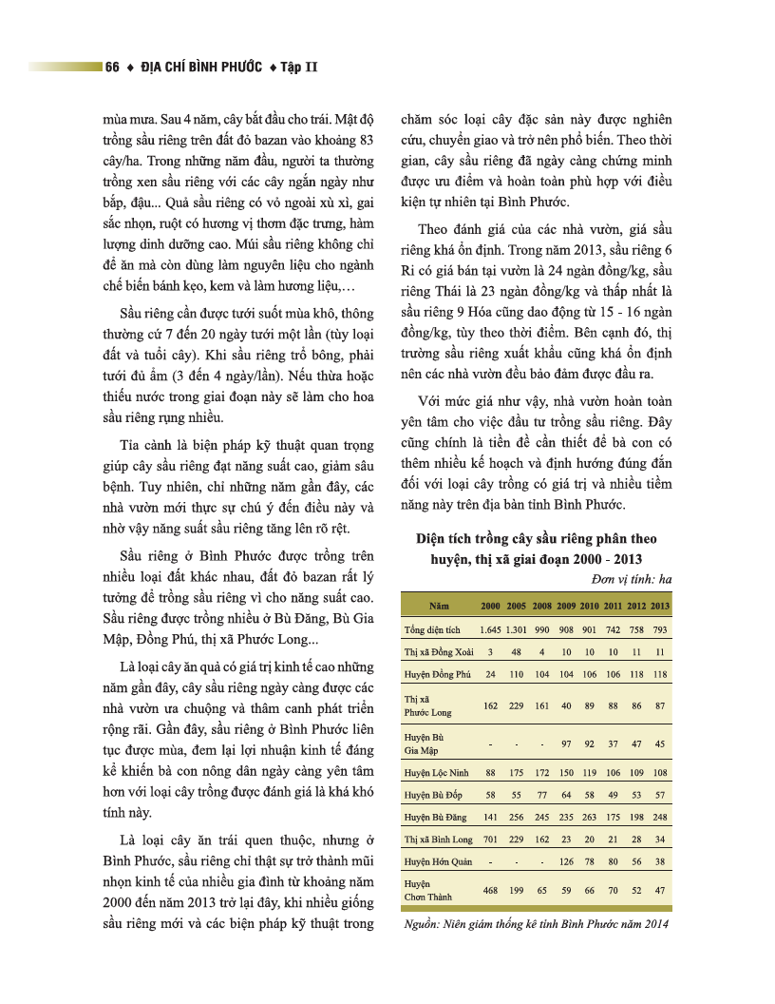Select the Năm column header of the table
coord(439,606)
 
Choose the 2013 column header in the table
coord(660,606)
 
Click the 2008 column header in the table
coord(541,606)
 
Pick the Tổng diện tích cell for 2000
coord(490,629)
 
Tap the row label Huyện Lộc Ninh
coord(437,772)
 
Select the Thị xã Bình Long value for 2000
coord(490,840)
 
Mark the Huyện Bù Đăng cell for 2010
coord(589,817)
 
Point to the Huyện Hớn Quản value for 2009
coord(566,862)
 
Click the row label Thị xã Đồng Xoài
coord(438,652)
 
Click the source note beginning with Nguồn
coord(537,923)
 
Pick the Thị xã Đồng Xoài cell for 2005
coord(517,652)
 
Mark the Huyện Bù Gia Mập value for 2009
coord(566,743)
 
